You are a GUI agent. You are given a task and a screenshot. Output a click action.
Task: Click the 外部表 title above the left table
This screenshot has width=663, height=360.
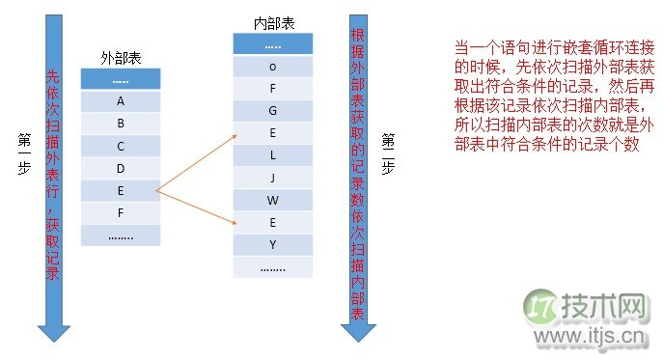tap(121, 58)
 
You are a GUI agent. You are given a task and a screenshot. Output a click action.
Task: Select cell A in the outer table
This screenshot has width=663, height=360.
tap(121, 100)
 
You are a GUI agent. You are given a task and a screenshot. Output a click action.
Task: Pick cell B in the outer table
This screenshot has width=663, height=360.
tap(121, 124)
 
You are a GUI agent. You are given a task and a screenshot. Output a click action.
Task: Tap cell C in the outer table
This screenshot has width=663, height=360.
tap(121, 146)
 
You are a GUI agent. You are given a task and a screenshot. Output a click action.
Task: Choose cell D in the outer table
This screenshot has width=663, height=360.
tap(121, 168)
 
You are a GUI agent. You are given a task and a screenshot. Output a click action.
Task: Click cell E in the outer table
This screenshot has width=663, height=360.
tap(121, 190)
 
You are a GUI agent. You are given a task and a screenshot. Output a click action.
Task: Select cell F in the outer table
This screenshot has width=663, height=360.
tap(121, 212)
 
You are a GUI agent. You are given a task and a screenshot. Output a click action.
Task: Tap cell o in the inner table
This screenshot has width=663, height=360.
tap(273, 66)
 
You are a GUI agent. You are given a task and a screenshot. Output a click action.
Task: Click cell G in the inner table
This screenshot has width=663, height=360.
tap(273, 111)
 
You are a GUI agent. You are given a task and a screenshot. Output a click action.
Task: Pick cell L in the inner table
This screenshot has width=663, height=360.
tap(273, 155)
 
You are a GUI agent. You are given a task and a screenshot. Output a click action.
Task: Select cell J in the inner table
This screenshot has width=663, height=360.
tap(273, 178)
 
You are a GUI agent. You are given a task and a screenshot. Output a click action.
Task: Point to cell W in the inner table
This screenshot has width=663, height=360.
tap(273, 201)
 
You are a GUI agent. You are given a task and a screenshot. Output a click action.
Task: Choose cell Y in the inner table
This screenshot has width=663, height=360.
tap(273, 245)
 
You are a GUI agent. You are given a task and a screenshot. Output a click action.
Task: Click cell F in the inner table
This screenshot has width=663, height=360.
tap(273, 88)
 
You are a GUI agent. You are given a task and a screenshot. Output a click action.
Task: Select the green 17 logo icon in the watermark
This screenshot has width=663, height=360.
tap(541, 309)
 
